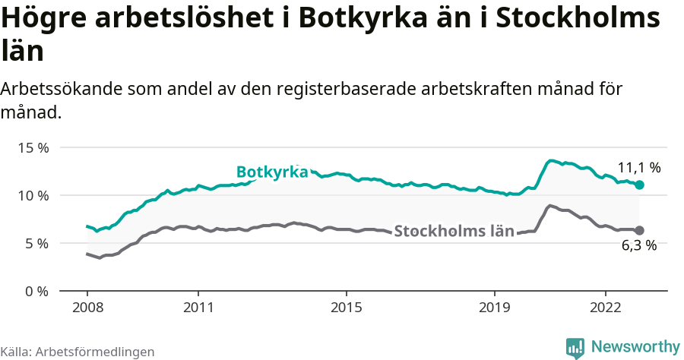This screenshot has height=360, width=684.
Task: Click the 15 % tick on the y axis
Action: (32, 147)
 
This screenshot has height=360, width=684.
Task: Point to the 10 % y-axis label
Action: (32, 195)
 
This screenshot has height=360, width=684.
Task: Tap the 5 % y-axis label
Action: (35, 243)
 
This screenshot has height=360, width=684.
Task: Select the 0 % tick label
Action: (35, 291)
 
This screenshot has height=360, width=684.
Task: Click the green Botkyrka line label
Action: (271, 172)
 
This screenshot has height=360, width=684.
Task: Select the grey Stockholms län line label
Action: (454, 232)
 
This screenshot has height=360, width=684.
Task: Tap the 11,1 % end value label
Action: (638, 167)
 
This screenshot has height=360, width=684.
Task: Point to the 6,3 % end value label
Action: (638, 245)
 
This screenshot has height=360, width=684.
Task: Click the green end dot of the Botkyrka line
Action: (639, 185)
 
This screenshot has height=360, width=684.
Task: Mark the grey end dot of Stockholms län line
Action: (639, 230)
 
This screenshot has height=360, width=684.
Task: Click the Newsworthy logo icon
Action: (575, 347)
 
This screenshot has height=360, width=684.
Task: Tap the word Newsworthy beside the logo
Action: (635, 346)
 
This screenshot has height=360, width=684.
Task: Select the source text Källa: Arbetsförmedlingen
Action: (78, 352)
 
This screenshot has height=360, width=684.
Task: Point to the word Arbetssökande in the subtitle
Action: (64, 90)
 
